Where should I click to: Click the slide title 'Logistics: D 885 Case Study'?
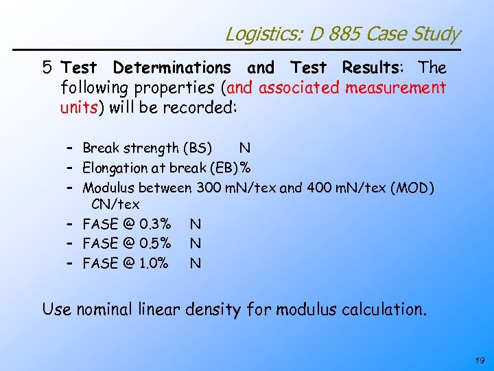[342, 33]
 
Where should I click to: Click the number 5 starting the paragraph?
[47, 67]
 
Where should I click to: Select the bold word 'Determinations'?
[172, 67]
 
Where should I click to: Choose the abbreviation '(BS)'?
[198, 148]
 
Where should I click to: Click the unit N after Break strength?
[244, 148]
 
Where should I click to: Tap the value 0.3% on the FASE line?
[155, 223]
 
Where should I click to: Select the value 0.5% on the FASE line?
[155, 243]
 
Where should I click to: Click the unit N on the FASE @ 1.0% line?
[196, 262]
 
